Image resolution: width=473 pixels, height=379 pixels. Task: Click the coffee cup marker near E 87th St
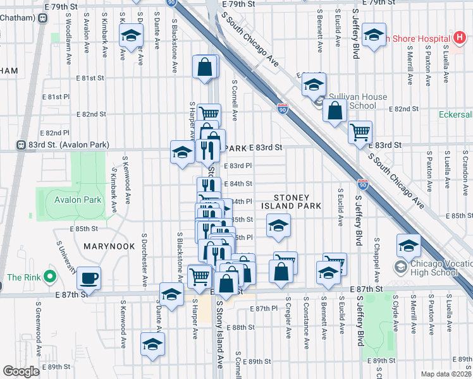click(x=89, y=278)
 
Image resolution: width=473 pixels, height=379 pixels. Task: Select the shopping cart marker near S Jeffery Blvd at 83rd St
click(x=360, y=133)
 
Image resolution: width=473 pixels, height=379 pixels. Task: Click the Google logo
click(x=21, y=371)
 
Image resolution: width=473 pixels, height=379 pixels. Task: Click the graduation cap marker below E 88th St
click(x=152, y=344)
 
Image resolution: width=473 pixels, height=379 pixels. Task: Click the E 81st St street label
click(x=89, y=78)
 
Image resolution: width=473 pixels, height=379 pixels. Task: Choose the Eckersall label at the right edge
click(x=456, y=115)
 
